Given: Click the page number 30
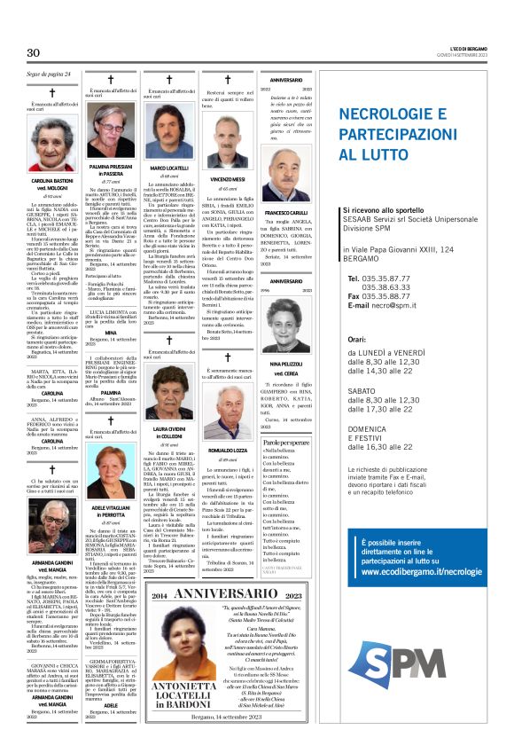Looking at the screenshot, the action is click(x=35, y=53).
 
